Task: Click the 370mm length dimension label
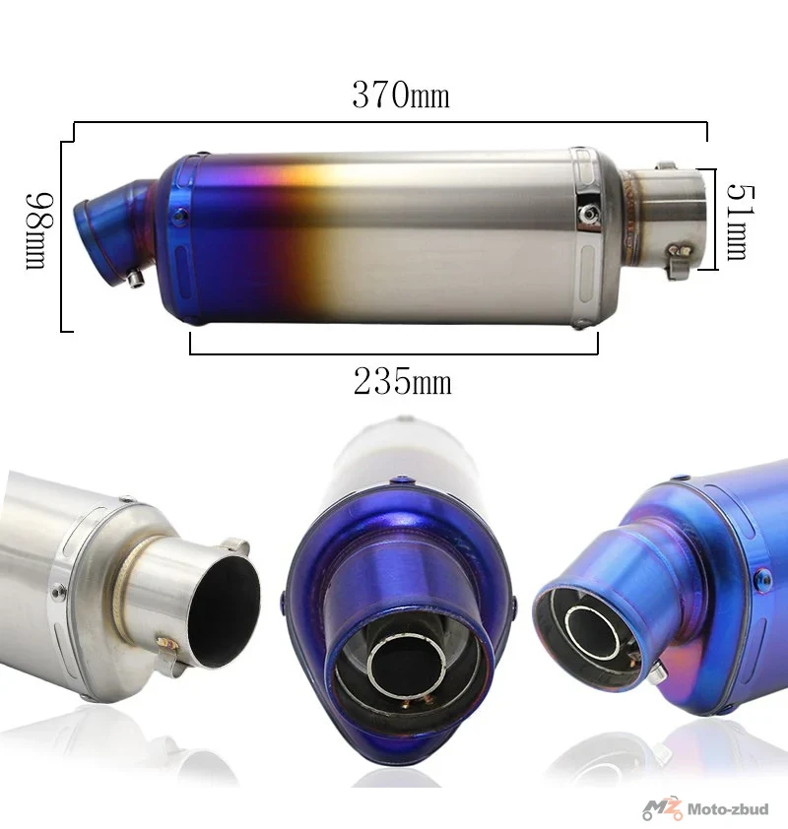401,96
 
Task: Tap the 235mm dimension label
403,381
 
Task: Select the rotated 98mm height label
39,231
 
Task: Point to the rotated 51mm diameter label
741,223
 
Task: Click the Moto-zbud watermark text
728,809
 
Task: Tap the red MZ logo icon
662,808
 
